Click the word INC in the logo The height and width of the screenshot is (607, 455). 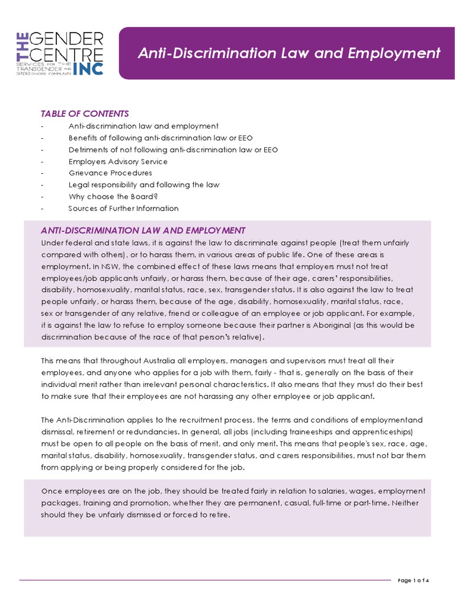point(88,68)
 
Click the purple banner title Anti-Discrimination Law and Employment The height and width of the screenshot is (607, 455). point(289,53)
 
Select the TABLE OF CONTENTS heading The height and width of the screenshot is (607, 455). point(84,114)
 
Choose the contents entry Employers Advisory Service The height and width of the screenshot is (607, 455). point(118,161)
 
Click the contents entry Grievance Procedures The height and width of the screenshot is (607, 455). point(110,173)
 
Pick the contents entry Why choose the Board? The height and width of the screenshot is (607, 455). point(113,196)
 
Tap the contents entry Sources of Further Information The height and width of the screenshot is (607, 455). point(123,208)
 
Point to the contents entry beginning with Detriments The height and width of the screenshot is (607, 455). point(173,149)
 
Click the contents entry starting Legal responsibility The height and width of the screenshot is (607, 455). point(144,185)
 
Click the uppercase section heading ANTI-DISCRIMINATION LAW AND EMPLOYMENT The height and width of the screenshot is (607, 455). point(142,231)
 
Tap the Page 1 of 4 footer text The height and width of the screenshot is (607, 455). point(413,580)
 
